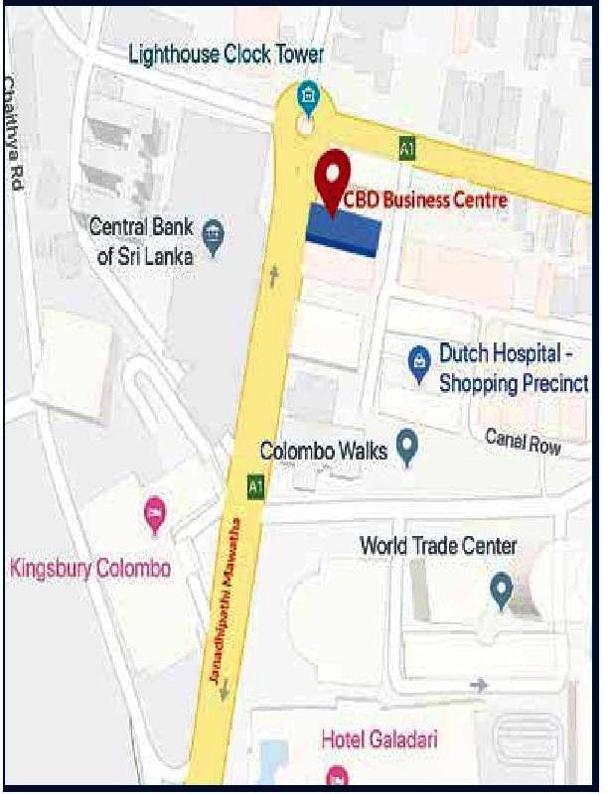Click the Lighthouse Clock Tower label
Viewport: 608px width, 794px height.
(x=227, y=55)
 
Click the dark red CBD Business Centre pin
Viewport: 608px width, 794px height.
(x=329, y=173)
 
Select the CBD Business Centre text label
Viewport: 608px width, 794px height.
(x=425, y=199)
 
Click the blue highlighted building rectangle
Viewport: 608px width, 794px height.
(x=343, y=231)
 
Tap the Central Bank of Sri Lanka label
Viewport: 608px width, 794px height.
(x=140, y=239)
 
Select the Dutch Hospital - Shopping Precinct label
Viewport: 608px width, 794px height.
(x=513, y=368)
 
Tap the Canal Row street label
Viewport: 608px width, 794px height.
(x=523, y=442)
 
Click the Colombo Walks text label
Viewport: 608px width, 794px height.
(x=323, y=451)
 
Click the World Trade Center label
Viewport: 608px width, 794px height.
(x=438, y=545)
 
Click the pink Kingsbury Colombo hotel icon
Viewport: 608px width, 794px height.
(x=155, y=515)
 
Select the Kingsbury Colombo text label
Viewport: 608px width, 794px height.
(x=90, y=569)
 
